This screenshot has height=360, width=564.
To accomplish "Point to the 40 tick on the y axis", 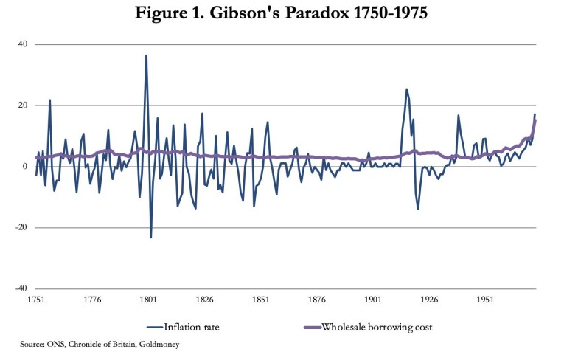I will click(x=23, y=44).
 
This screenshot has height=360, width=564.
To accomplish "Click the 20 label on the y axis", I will click(x=23, y=105).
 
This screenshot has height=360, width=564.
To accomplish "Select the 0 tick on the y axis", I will click(x=25, y=167).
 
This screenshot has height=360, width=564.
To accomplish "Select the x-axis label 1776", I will click(x=91, y=301).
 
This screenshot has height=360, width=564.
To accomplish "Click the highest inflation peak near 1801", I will click(x=146, y=55).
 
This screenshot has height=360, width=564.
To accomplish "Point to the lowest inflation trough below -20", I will click(x=151, y=237).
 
